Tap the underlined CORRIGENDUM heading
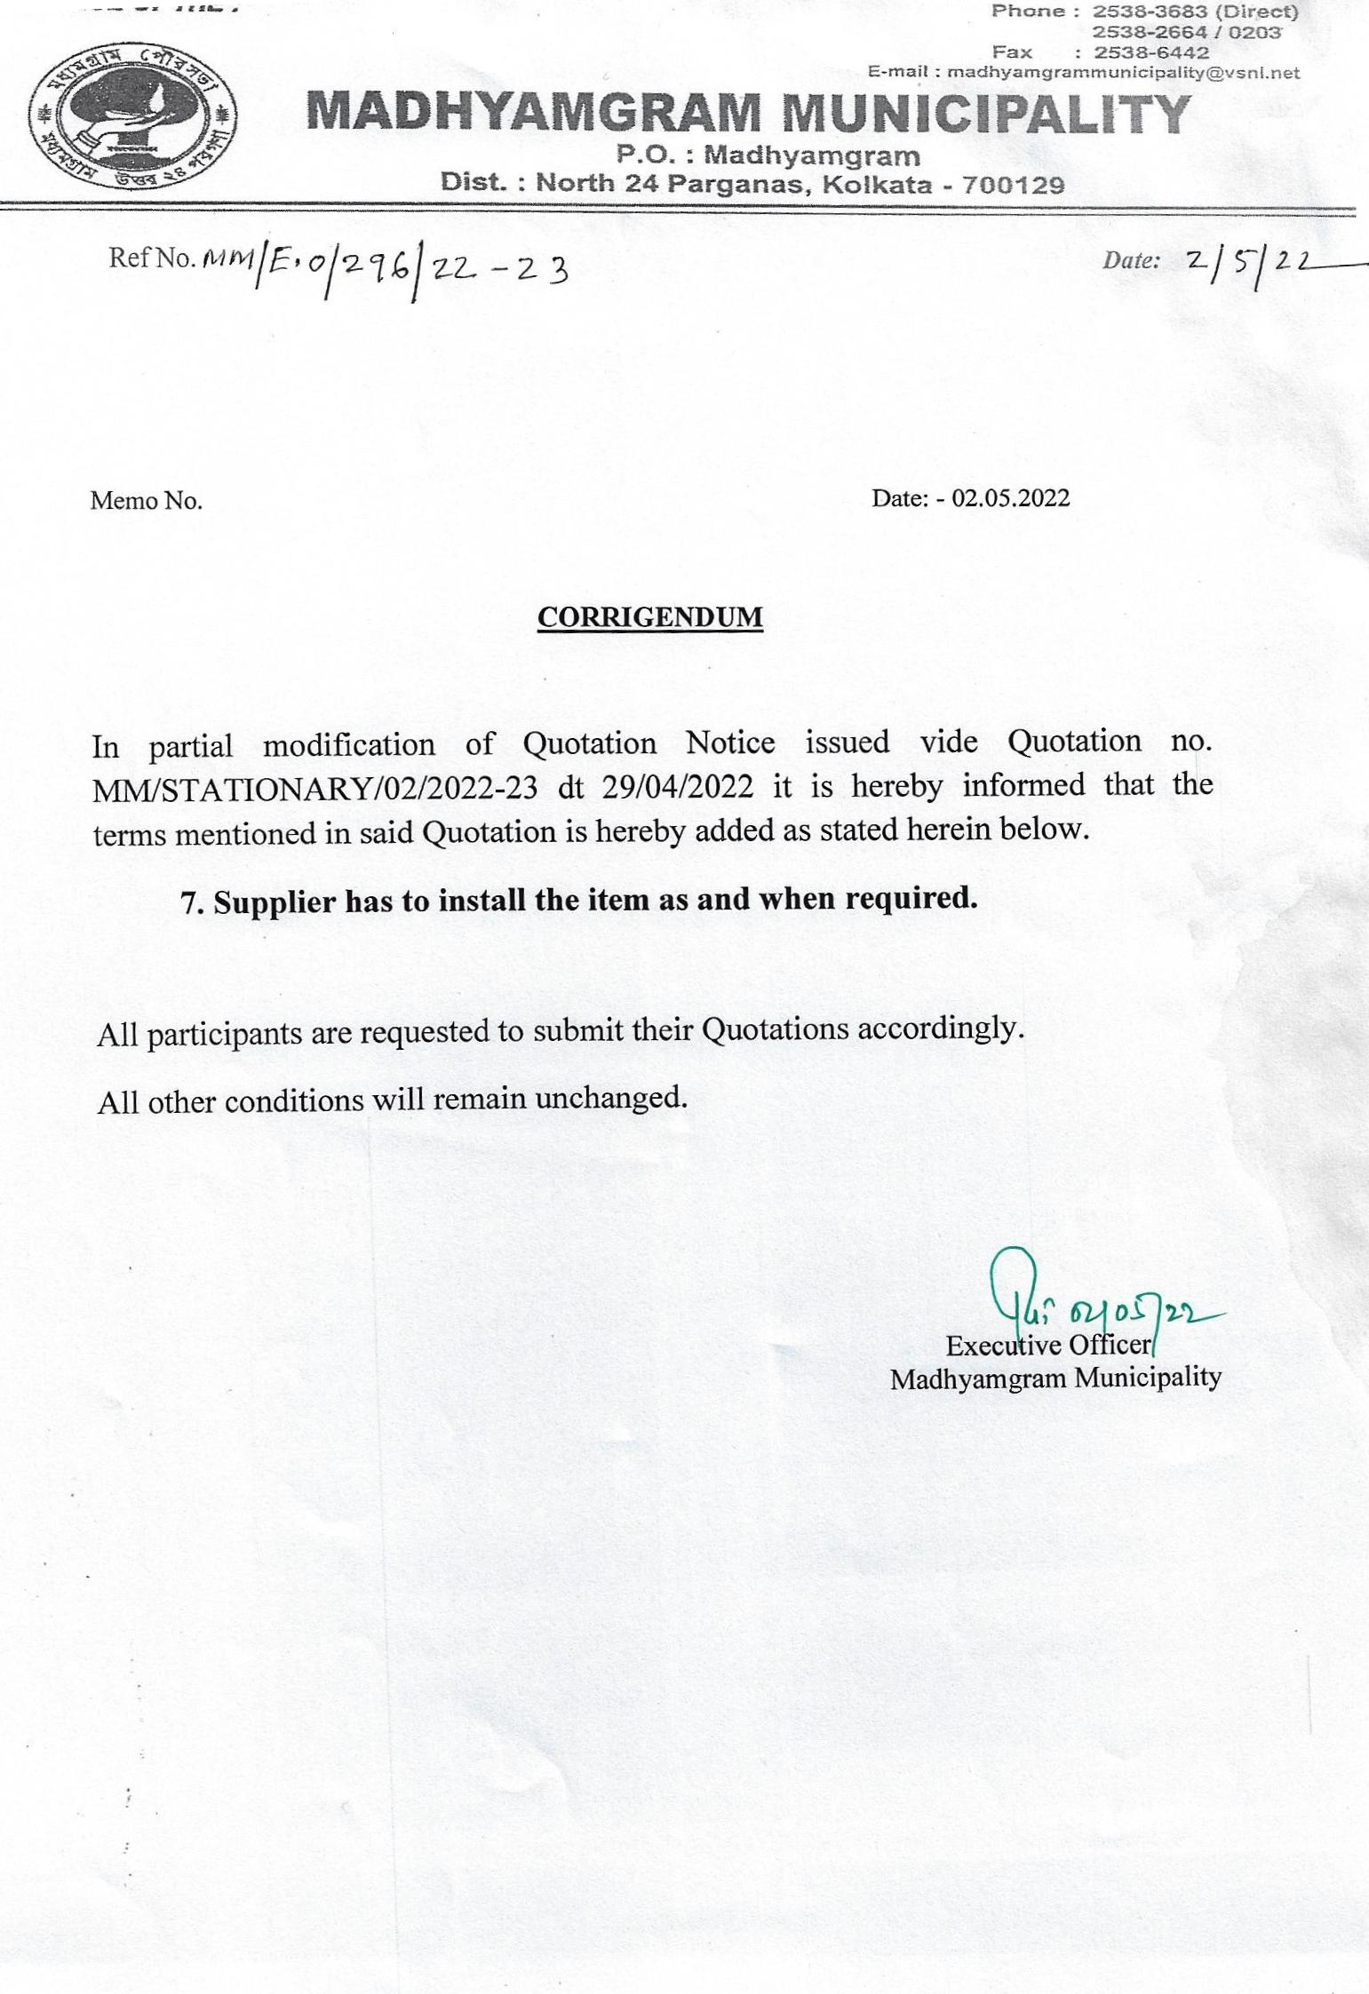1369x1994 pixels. click(x=649, y=617)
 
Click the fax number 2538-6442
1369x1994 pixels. click(x=1150, y=52)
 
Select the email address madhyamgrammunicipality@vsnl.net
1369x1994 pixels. click(x=1123, y=72)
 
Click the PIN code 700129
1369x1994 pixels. click(x=1013, y=185)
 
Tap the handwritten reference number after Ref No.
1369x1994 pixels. click(x=384, y=265)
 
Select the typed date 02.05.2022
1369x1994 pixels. click(x=1010, y=497)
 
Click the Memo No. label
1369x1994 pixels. click(x=146, y=501)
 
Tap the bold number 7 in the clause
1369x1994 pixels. click(x=188, y=902)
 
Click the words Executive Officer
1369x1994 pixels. click(x=1048, y=1346)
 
